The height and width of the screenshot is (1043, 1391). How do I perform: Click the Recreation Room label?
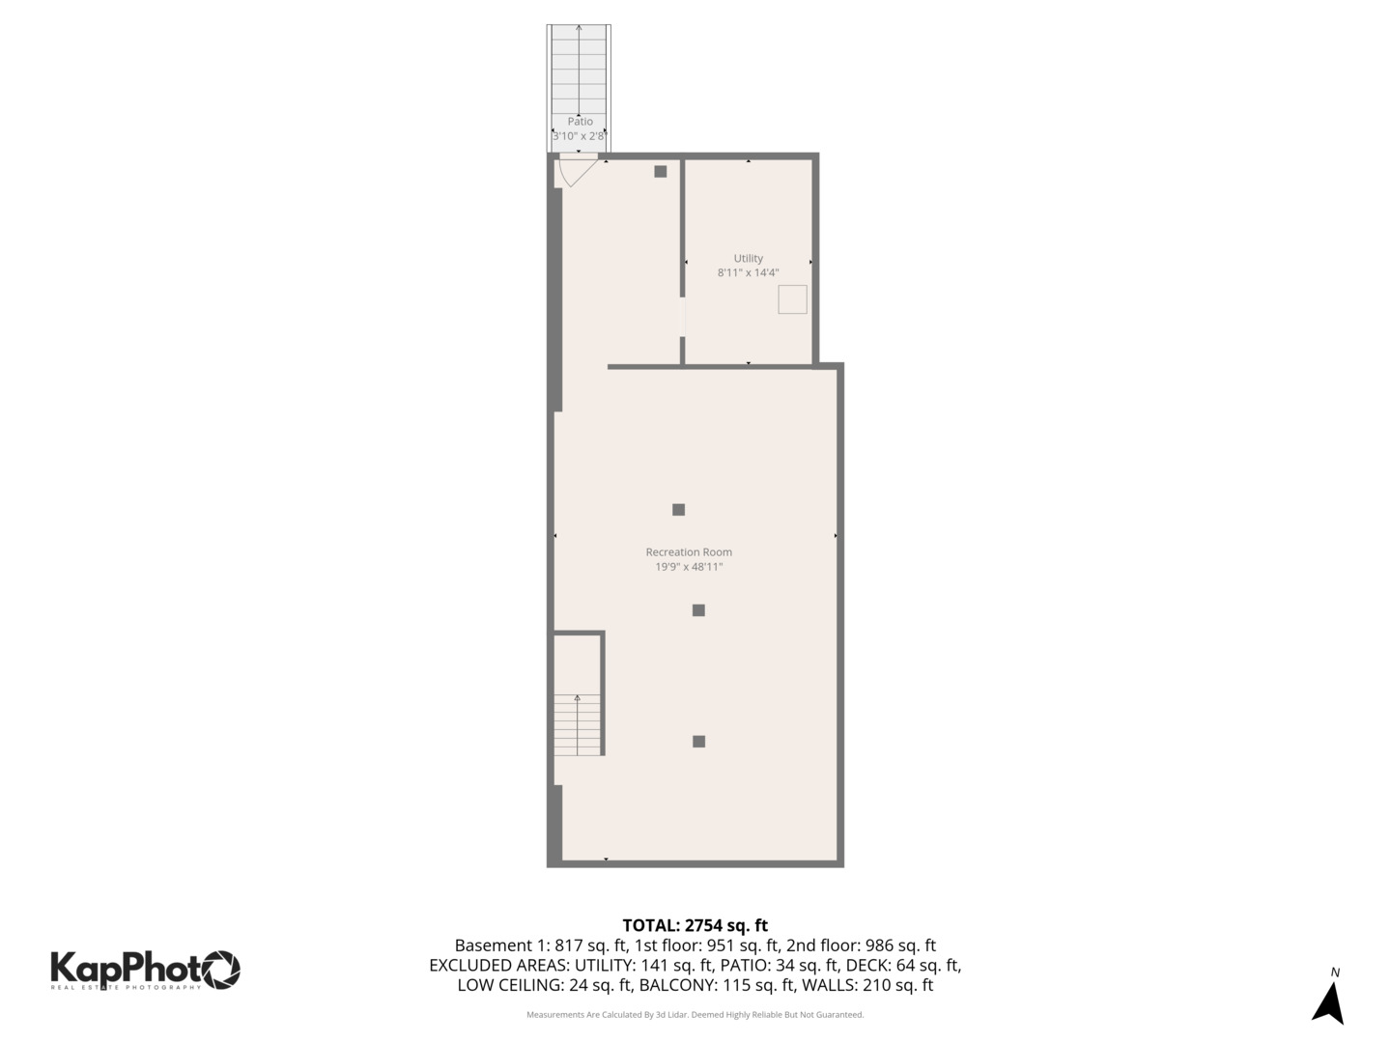689,552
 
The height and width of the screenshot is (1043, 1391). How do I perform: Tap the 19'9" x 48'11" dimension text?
689,567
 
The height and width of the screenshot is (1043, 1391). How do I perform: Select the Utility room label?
748,258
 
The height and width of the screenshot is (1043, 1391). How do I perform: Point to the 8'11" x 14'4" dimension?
748,273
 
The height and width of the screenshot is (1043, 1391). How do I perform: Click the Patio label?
580,122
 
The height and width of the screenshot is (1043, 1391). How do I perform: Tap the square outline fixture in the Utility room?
792,299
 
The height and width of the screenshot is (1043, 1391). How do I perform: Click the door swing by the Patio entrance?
576,172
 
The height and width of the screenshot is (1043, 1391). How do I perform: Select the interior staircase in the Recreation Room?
578,724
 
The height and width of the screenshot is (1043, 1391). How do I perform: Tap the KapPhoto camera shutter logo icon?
220,969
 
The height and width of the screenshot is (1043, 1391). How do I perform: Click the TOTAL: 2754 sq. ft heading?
695,925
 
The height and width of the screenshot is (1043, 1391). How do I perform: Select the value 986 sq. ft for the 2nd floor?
897,945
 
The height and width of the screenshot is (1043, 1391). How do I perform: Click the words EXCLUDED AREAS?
498,966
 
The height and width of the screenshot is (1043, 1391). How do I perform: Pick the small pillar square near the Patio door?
660,172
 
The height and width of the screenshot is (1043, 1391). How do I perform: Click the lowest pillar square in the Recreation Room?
698,742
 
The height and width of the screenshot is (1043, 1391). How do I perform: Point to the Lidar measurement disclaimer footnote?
695,1015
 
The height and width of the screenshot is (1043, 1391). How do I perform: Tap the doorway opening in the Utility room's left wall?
683,317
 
